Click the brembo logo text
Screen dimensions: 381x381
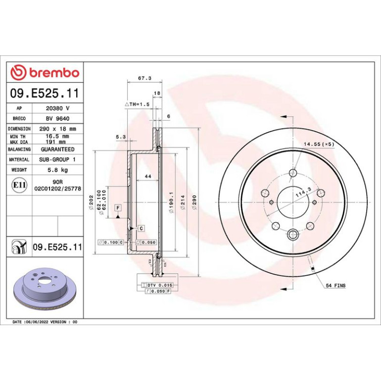(x=54, y=73)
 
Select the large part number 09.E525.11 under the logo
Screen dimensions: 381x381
(x=45, y=94)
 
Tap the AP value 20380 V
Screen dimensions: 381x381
(x=57, y=108)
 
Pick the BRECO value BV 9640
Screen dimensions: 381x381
(x=57, y=119)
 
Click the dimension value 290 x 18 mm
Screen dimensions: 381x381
(x=57, y=129)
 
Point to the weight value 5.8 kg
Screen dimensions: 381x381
(x=57, y=170)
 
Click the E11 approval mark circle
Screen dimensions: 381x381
(x=19, y=185)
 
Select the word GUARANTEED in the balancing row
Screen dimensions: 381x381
(x=57, y=149)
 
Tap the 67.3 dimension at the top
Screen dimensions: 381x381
(x=144, y=78)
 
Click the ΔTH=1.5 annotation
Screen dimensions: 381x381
(x=137, y=104)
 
